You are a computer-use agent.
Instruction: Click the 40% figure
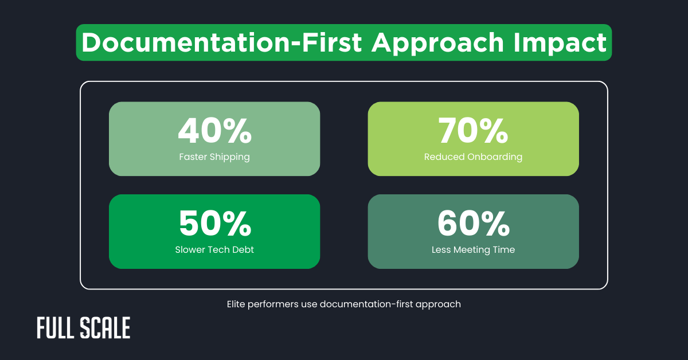coord(214,131)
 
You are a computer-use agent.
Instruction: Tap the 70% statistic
coord(473,131)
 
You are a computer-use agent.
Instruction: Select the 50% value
coord(214,224)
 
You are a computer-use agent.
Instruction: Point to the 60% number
coord(473,224)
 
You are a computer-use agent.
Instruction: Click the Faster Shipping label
coord(214,156)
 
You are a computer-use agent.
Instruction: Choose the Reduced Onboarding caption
coord(473,156)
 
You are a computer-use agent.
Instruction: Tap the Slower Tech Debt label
coord(214,249)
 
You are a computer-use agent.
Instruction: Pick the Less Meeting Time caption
coord(473,249)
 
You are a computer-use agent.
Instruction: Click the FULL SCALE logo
coord(84,328)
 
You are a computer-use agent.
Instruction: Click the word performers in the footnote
coord(273,304)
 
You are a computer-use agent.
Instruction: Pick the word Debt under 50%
coord(242,249)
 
